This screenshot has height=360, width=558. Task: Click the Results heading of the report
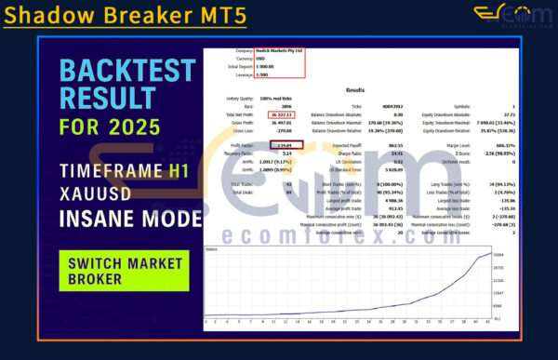pyautogui.click(x=354, y=90)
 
